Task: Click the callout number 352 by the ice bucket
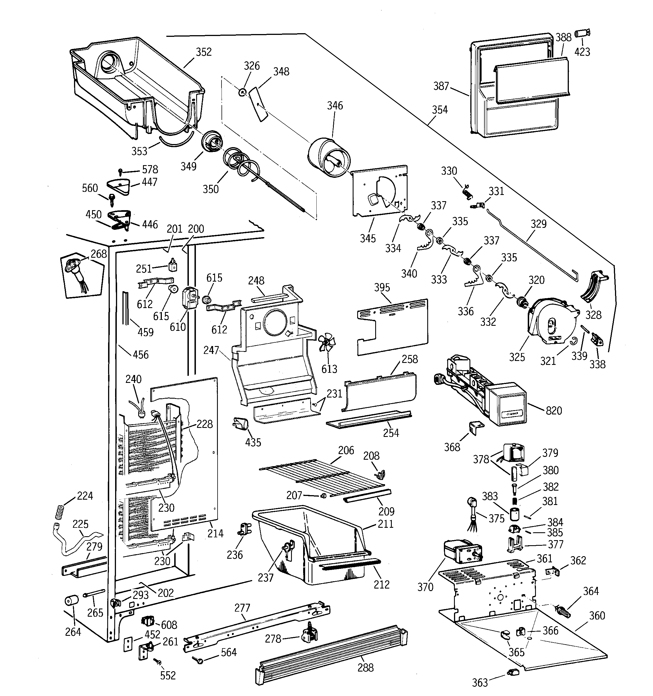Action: pyautogui.click(x=203, y=52)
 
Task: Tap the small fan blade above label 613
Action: pyautogui.click(x=327, y=342)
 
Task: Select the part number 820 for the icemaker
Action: pyautogui.click(x=554, y=410)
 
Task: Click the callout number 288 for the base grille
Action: pyautogui.click(x=365, y=668)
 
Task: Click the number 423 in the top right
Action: pyautogui.click(x=582, y=52)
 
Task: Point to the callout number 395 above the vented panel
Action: pyautogui.click(x=382, y=288)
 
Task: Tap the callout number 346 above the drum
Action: pyautogui.click(x=335, y=105)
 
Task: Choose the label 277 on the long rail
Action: pyautogui.click(x=242, y=608)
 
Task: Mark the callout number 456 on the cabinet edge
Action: pyautogui.click(x=140, y=355)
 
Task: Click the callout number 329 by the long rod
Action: pyautogui.click(x=538, y=224)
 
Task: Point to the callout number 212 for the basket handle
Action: pyautogui.click(x=381, y=584)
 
